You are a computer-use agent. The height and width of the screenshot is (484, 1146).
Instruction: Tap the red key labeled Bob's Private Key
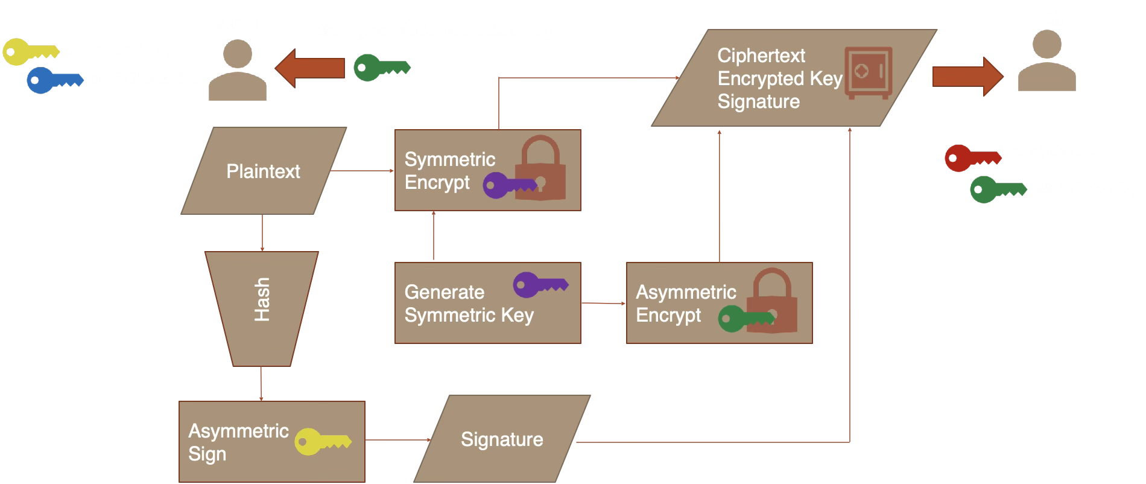pos(971,158)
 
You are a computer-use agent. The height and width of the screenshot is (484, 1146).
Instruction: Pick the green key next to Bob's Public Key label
pos(996,189)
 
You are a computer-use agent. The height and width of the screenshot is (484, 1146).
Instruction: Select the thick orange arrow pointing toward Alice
pos(310,68)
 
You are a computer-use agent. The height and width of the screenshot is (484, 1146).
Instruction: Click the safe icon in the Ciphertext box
pos(868,72)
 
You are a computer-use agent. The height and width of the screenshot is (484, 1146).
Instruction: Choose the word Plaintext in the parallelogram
pos(263,171)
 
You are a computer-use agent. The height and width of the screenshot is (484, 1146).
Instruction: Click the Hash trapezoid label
pos(262,299)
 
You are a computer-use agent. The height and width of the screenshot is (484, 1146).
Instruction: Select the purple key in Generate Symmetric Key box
pos(539,284)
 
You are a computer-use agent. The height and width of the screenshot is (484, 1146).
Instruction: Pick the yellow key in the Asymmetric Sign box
pos(322,442)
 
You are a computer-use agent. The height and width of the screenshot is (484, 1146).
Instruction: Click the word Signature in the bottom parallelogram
pos(502,439)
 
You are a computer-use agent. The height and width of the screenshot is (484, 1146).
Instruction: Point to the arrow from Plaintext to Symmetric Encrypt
pos(362,171)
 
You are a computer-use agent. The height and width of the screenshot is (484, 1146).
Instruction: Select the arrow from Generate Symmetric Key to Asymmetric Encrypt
pos(603,303)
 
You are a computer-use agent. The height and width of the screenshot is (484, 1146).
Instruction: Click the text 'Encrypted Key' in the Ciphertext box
pos(779,78)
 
